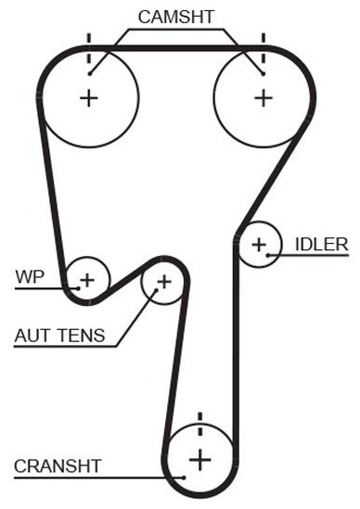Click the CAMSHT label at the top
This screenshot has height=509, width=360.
click(x=176, y=17)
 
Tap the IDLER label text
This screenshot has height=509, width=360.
click(x=321, y=245)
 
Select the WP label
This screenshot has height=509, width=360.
click(x=30, y=277)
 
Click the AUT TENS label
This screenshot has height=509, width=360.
click(x=59, y=336)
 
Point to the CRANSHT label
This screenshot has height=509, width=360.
click(x=58, y=466)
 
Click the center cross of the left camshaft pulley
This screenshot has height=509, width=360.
click(x=89, y=98)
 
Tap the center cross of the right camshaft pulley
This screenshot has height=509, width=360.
click(x=264, y=98)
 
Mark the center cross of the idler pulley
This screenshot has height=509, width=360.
click(x=259, y=245)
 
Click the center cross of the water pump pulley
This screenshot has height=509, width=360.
click(x=87, y=280)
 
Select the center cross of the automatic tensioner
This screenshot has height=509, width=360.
click(x=164, y=282)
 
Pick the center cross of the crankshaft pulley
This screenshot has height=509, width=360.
click(x=200, y=460)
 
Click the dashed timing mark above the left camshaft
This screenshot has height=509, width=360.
click(x=89, y=49)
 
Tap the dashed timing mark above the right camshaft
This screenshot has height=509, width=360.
click(x=264, y=49)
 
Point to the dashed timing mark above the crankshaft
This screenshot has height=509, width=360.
click(x=200, y=424)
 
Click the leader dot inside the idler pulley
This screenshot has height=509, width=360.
click(x=268, y=255)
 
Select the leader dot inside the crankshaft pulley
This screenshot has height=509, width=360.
click(x=184, y=477)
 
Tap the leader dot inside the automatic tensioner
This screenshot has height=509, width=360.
click(x=156, y=290)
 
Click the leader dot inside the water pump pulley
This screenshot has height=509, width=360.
click(x=78, y=288)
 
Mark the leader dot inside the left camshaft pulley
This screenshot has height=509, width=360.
click(x=90, y=74)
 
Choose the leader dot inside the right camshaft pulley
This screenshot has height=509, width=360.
click(x=263, y=74)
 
